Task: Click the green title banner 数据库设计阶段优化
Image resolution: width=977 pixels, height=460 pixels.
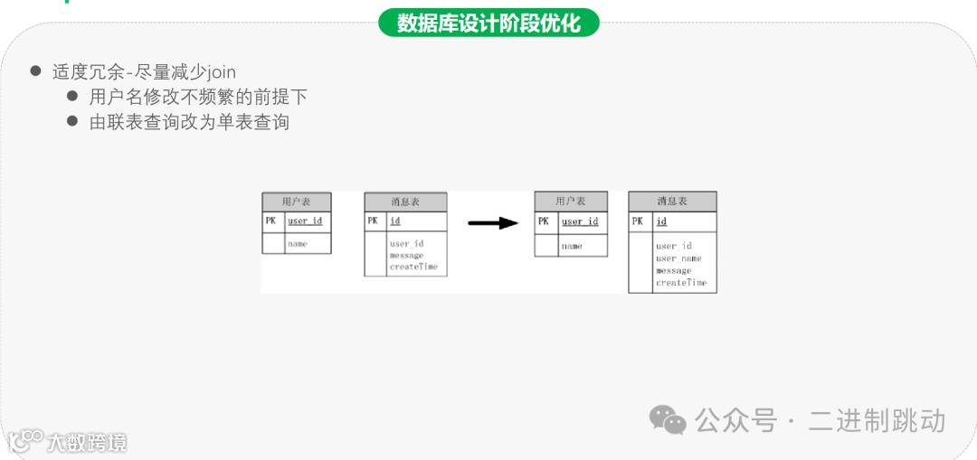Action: [x=488, y=22]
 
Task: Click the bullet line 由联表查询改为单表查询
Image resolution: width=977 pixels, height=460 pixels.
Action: [x=189, y=121]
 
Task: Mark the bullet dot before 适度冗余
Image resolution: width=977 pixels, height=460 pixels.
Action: [x=36, y=70]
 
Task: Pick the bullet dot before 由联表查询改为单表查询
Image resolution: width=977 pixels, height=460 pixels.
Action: [x=73, y=121]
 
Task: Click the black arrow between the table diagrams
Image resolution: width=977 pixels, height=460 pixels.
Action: [x=493, y=222]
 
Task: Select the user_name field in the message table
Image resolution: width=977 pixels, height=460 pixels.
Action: [x=678, y=258]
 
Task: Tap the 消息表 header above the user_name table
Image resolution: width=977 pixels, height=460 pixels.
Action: [x=672, y=201]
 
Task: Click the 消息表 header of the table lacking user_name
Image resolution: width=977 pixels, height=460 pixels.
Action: [x=405, y=201]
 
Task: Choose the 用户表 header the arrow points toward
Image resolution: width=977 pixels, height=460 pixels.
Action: [x=571, y=201]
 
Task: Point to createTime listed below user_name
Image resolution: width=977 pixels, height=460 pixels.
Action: [x=681, y=283]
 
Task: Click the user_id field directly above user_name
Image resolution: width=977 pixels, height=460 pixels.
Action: [x=674, y=246]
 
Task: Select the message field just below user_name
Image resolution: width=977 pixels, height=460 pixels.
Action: [x=674, y=270]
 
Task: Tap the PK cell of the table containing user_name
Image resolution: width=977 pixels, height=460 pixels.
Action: [x=638, y=221]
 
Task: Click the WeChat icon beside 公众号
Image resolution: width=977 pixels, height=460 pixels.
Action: [x=669, y=419]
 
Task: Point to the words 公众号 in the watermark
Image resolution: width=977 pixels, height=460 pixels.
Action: [x=735, y=420]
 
